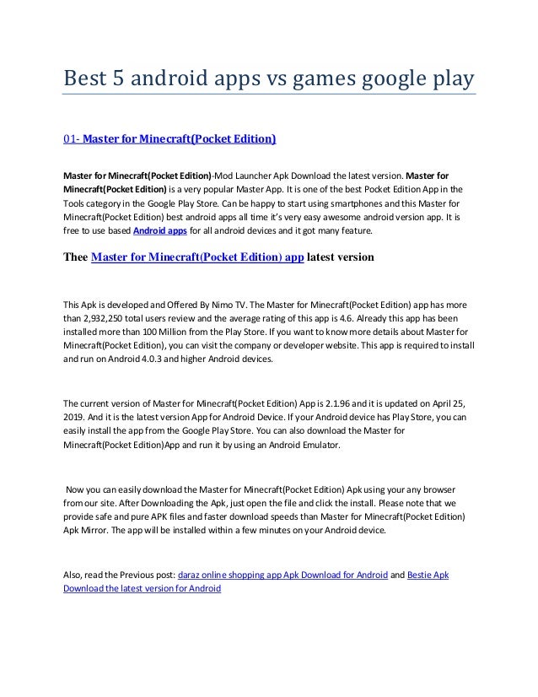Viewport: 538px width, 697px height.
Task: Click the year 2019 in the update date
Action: [x=75, y=418]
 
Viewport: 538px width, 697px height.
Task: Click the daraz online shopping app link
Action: [x=283, y=575]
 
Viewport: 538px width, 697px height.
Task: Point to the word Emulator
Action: [x=317, y=448]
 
